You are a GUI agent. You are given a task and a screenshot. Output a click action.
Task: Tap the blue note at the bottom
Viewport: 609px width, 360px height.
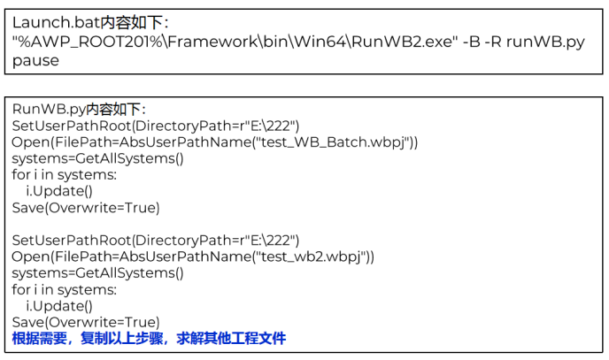click(x=149, y=339)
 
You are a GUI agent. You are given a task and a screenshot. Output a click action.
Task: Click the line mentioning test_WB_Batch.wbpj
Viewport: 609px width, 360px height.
click(x=215, y=142)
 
